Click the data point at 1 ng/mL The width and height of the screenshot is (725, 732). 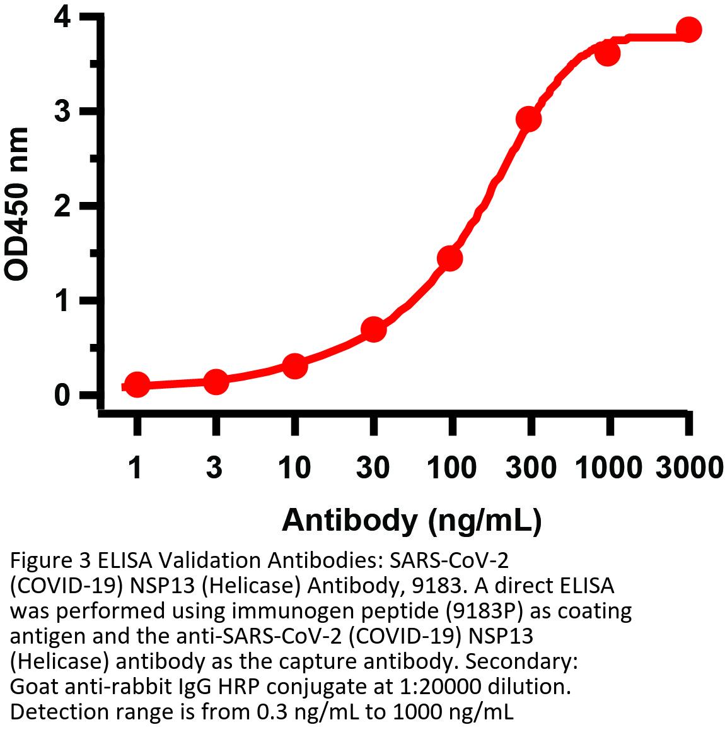point(137,384)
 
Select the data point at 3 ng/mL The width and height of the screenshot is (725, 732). point(216,381)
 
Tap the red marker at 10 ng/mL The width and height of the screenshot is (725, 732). point(294,366)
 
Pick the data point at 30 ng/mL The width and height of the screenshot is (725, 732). point(373,329)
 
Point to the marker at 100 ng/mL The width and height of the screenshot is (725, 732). point(450,258)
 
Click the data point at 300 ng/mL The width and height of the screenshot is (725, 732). point(529,119)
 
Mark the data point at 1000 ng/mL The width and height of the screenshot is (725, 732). point(608,54)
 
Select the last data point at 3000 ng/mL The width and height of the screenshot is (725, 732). point(688,30)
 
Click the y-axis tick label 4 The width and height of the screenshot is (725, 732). point(62,17)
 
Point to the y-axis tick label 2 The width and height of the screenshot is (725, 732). point(62,206)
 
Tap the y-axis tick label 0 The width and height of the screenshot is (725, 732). point(62,396)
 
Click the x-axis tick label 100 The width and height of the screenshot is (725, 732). point(451,468)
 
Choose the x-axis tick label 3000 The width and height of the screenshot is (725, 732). point(688,468)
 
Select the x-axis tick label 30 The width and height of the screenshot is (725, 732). point(373,468)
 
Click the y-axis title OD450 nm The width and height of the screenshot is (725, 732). point(18,203)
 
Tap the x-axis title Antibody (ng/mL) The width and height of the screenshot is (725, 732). point(412,521)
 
